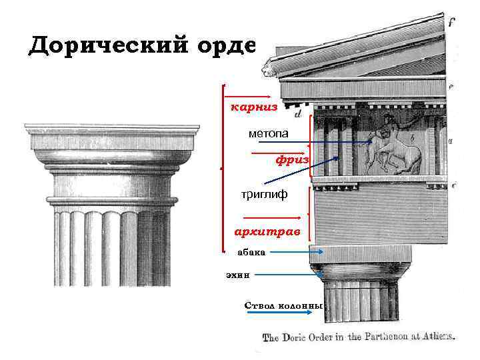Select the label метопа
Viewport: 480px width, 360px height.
coord(269,133)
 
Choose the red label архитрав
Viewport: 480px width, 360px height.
coord(267,231)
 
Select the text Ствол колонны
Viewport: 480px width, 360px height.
coord(283,305)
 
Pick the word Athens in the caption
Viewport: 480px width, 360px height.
coord(437,337)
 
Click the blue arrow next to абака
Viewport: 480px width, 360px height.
coord(297,252)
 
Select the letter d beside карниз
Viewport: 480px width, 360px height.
coord(297,114)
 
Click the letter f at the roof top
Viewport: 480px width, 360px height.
coord(451,22)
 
